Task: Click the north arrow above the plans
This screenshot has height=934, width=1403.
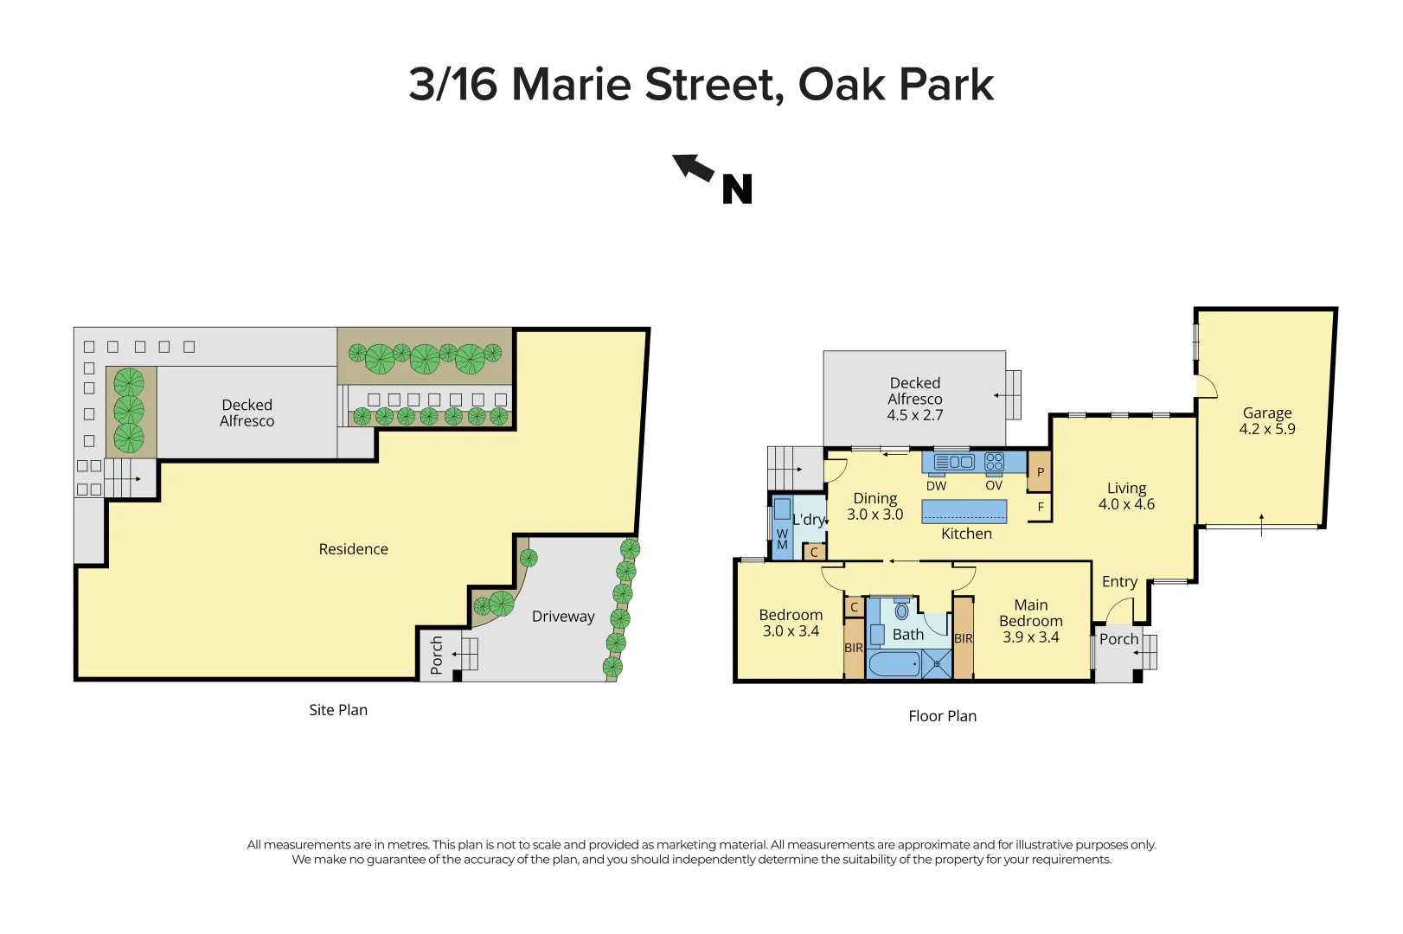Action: coord(693,167)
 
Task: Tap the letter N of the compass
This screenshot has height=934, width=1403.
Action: coord(737,189)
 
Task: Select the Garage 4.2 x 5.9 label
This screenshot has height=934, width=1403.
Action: coord(1266,421)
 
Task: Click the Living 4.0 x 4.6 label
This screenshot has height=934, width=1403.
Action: coord(1126,496)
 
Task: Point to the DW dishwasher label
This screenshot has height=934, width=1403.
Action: coord(936,486)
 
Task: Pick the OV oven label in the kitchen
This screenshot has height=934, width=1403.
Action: coord(994,486)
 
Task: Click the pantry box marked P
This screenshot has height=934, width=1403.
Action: coord(1041,472)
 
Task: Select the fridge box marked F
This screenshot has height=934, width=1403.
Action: coord(1041,507)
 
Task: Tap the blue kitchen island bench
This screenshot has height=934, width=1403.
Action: coord(964,512)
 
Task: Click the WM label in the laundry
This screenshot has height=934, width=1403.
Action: coord(782,540)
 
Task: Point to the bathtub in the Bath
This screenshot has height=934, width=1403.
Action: coord(894,664)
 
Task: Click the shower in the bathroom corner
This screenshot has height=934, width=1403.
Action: coord(937,664)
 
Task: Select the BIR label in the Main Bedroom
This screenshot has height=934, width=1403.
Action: coord(964,639)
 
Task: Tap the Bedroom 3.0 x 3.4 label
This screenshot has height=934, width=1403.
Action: coord(791,623)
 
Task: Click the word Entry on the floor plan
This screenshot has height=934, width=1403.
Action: coord(1119,582)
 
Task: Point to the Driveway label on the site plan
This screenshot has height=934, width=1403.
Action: coord(563,617)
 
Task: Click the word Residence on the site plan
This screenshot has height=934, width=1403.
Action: coord(353,549)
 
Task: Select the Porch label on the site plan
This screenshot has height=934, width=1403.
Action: coord(437,655)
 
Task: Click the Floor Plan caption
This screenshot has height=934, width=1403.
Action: coord(942,716)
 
